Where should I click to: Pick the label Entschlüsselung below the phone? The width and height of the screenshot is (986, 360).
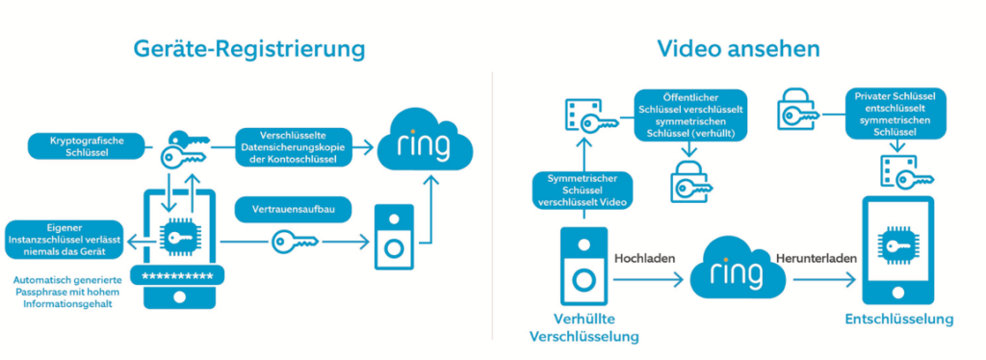click(x=897, y=319)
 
